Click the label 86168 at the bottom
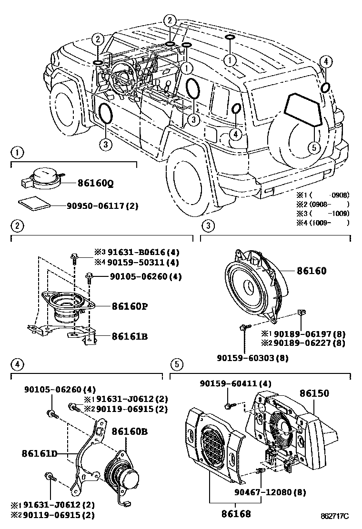[x=235, y=514]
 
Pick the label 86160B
[x=130, y=431]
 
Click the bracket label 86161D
[x=39, y=453]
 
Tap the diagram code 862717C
[x=334, y=516]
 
